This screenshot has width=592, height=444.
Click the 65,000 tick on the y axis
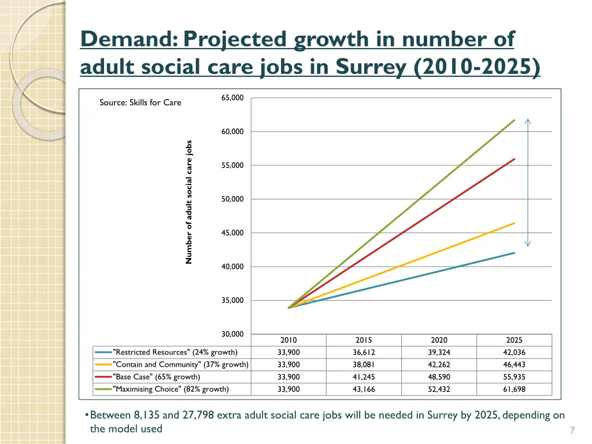[x=232, y=98]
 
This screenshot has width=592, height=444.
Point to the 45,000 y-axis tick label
[x=232, y=233]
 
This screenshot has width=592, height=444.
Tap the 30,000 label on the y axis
[x=232, y=334]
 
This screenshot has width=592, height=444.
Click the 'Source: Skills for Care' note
[x=140, y=102]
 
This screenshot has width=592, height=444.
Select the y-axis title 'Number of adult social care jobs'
[x=188, y=202]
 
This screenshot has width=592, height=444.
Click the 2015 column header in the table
[x=364, y=340]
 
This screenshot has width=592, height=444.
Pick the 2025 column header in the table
[x=514, y=340]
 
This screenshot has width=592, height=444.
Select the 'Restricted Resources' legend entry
[x=175, y=352]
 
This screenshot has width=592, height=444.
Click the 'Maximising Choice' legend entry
[x=171, y=389]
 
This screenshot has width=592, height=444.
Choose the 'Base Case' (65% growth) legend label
[x=157, y=377]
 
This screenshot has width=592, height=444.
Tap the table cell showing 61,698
[x=514, y=389]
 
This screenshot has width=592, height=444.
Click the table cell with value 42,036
[x=514, y=352]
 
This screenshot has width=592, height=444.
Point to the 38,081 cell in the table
[x=364, y=365]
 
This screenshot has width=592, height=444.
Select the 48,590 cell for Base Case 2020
[x=439, y=377]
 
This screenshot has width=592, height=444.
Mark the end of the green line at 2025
[x=514, y=120]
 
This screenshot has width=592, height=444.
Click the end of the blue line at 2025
[x=514, y=253]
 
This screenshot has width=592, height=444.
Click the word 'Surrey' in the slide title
[x=374, y=67]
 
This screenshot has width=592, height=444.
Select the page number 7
[x=572, y=430]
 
